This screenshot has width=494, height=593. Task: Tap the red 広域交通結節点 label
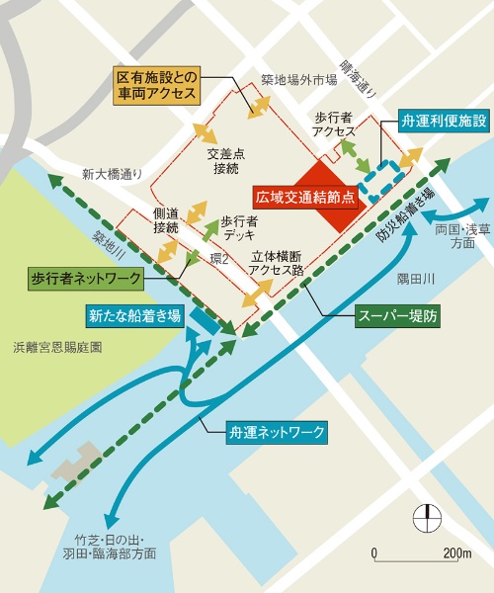coord(305,196)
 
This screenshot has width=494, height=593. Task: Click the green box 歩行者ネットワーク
coord(85,279)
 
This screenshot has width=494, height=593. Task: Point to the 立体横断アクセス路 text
coord(285,262)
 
